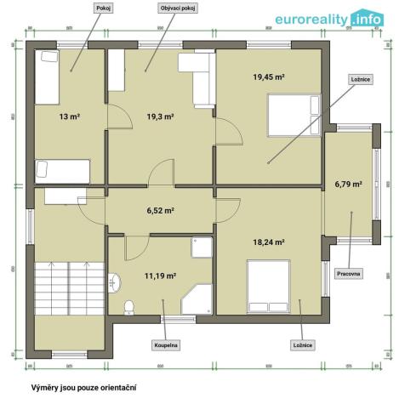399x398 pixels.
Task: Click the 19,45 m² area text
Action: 268,77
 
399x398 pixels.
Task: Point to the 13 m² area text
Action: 69,117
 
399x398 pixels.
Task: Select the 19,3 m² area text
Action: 160,117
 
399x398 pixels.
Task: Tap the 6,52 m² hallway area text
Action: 160,210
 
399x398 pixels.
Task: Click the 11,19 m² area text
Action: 160,276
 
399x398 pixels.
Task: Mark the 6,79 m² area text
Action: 348,183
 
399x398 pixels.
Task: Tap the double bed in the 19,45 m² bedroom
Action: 292,115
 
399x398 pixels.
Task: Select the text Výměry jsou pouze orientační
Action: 83,386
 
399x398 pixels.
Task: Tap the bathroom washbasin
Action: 114,281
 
